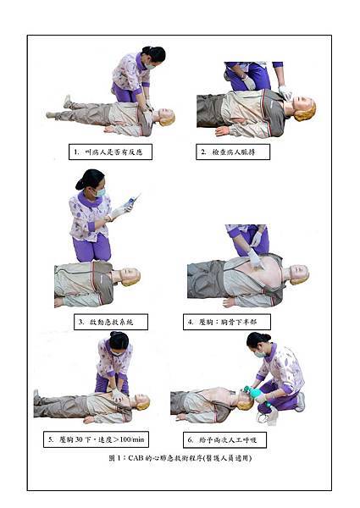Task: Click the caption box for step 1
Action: point(110,152)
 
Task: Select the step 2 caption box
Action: point(233,152)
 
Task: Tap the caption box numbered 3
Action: point(111,322)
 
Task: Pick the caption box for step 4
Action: point(227,322)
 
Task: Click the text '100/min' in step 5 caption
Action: point(131,439)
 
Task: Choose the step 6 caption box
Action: point(224,439)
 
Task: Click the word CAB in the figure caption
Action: point(136,458)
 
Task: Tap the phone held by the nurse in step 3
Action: point(132,201)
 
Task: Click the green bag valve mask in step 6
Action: point(256,395)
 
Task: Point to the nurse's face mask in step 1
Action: point(150,66)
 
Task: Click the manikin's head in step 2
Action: point(302,108)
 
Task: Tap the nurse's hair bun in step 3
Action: point(80,185)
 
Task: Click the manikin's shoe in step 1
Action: point(67,101)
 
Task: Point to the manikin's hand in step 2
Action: point(222,131)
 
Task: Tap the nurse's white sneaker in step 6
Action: point(301,401)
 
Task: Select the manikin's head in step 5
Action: point(142,401)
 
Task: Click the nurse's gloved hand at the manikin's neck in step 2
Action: point(285,92)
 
